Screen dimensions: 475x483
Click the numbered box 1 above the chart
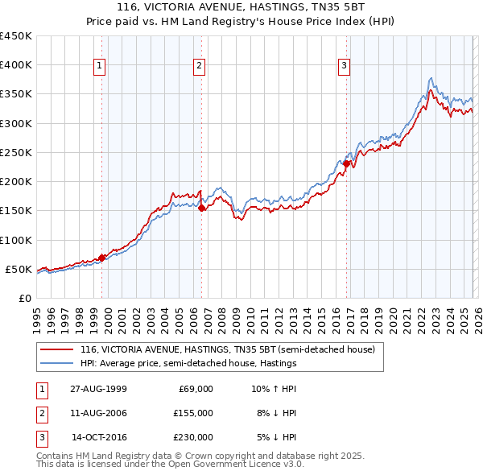(99, 66)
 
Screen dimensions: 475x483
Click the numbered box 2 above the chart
(199, 66)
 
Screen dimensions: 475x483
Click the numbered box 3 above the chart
(344, 66)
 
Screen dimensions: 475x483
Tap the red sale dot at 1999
(102, 258)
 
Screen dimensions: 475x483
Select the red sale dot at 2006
(201, 208)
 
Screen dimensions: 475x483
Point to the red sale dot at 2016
(347, 163)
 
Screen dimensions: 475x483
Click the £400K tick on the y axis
(16, 65)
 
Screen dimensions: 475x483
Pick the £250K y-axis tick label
(16, 152)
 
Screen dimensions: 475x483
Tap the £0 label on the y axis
(24, 298)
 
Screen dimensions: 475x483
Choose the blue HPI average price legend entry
(188, 364)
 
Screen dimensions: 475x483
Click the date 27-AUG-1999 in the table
(97, 389)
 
